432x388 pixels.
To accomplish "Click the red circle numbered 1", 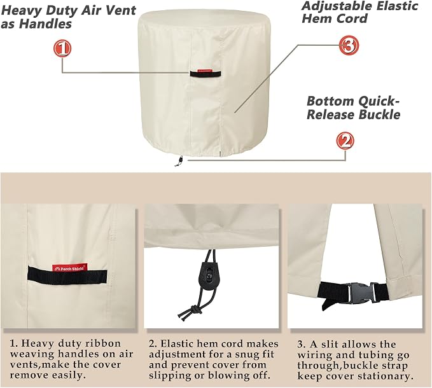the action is point(62,48).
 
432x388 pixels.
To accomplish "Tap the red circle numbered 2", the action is point(345,141).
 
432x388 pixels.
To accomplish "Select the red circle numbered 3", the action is point(349,45).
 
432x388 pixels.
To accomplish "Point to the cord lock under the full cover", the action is point(181,160).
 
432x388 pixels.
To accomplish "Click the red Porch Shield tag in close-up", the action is point(70,268).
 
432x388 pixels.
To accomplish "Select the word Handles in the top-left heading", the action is point(46,24).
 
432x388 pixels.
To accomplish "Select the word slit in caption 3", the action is point(331,344).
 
